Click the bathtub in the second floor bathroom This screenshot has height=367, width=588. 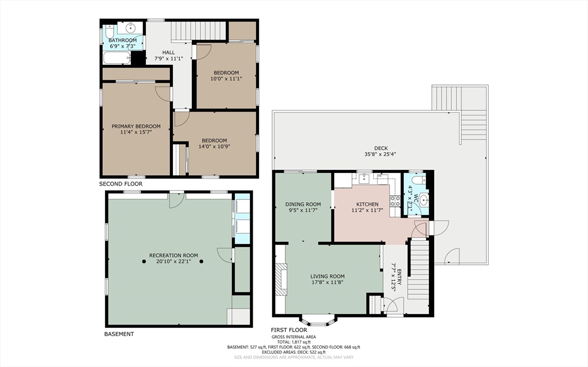117,58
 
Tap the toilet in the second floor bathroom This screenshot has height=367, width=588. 110,30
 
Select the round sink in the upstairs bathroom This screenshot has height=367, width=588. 130,28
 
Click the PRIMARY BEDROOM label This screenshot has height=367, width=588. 136,126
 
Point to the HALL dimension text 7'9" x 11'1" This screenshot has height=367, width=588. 169,59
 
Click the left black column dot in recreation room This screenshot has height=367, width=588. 144,261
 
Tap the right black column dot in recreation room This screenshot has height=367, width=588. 202,261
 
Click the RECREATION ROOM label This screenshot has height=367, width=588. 173,256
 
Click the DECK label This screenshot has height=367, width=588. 381,148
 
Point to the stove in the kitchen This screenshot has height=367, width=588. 395,201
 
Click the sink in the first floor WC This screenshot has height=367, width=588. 424,199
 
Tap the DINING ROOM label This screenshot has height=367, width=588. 303,204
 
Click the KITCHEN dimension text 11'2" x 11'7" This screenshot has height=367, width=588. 367,210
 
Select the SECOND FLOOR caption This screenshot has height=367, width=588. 121,184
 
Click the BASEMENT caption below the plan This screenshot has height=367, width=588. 119,334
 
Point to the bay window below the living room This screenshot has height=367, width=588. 319,321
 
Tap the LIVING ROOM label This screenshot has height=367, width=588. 327,277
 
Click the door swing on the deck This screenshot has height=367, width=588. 452,257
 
